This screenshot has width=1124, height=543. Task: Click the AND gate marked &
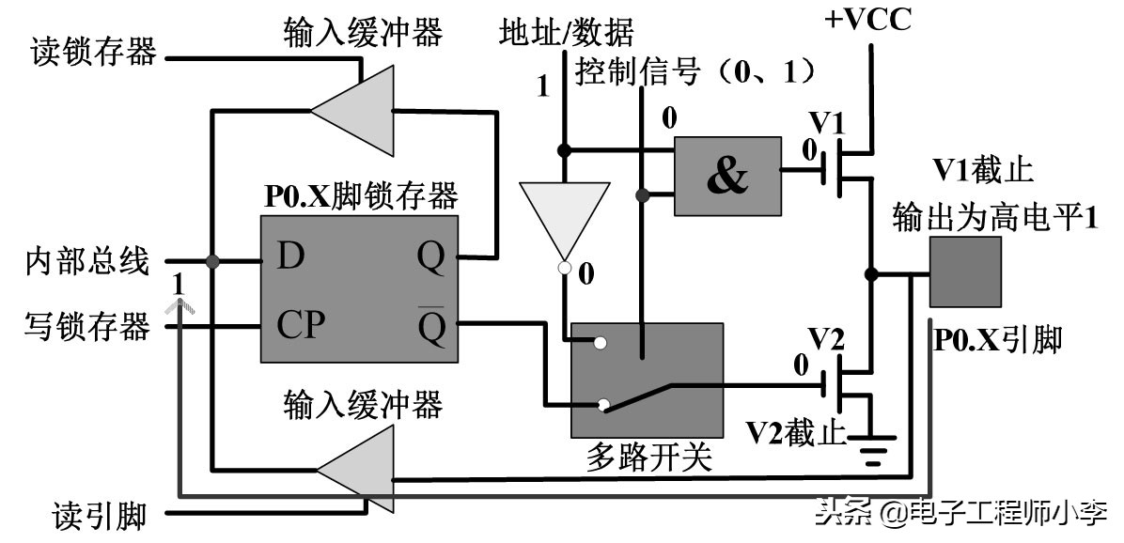coord(726,178)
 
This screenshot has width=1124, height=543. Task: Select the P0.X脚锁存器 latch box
coord(359,288)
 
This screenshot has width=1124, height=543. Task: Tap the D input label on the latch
coord(291,256)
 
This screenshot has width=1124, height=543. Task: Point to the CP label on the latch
coord(301,325)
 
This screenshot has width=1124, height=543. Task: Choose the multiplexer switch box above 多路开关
coord(647,380)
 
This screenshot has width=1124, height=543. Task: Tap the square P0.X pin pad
coord(964,271)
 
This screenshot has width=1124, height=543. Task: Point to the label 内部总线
coord(86,262)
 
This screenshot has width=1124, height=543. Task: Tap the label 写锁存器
coord(86,328)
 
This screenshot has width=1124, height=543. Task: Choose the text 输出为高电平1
coord(995,217)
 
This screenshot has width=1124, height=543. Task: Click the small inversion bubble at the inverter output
coord(565,270)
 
